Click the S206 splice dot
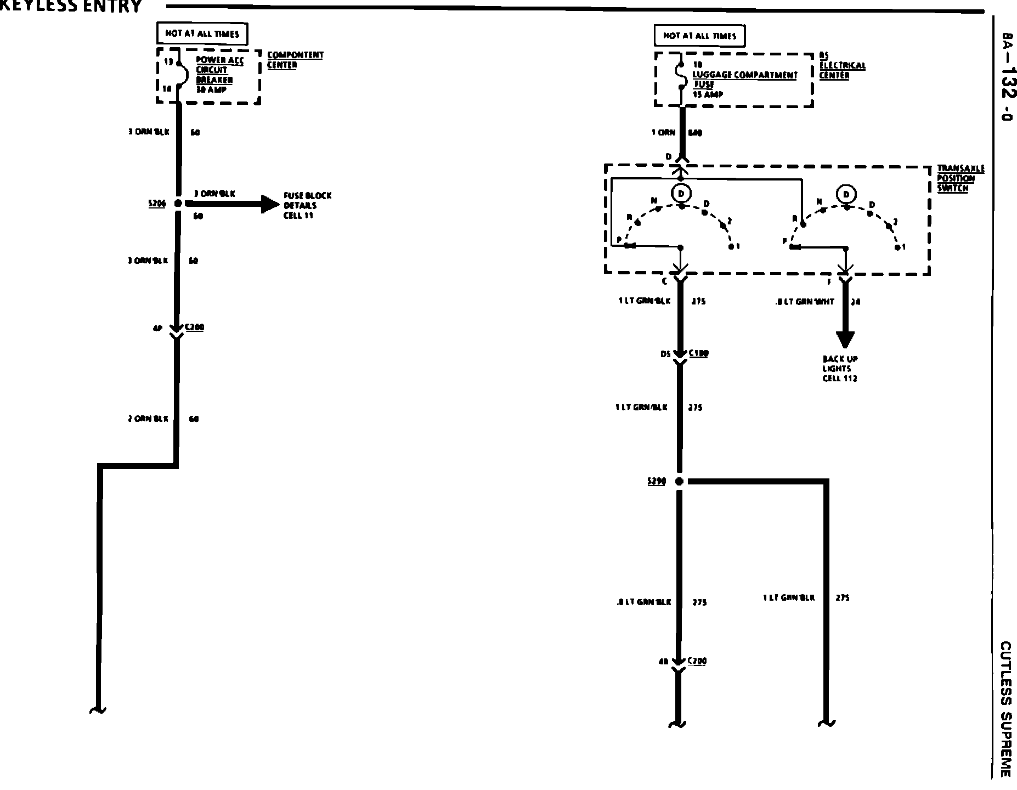(x=177, y=204)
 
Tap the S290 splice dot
(x=679, y=482)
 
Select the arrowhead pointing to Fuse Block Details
(x=270, y=204)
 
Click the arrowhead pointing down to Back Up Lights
(x=845, y=340)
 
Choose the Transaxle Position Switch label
(x=960, y=178)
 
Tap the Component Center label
(x=295, y=60)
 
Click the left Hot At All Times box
(x=202, y=34)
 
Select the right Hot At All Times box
(x=699, y=36)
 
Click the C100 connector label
(x=698, y=354)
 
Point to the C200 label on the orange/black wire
(x=194, y=328)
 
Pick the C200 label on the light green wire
(x=697, y=661)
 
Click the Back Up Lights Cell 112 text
(x=840, y=369)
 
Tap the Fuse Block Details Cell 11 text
(x=307, y=205)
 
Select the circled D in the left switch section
(x=681, y=193)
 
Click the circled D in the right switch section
(x=847, y=194)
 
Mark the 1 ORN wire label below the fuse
(x=663, y=133)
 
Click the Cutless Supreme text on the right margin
(x=1005, y=710)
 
